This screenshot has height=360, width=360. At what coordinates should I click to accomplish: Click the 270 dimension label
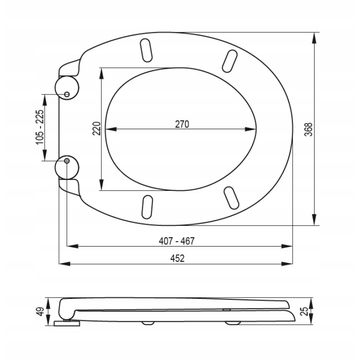[x=182, y=124]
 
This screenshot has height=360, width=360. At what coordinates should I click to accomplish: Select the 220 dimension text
[x=97, y=129]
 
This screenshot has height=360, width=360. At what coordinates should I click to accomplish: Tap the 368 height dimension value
[x=309, y=130]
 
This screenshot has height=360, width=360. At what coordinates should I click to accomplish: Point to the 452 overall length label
[x=177, y=258]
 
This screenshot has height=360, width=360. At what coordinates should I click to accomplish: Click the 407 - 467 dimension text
[x=176, y=241]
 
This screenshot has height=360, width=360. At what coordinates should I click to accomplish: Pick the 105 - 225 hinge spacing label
[x=40, y=127]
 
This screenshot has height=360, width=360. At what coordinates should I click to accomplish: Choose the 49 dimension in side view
[x=40, y=311]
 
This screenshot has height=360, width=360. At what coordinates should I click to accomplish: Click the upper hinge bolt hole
[x=67, y=94]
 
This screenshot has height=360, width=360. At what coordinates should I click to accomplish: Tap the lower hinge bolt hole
[x=67, y=161]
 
